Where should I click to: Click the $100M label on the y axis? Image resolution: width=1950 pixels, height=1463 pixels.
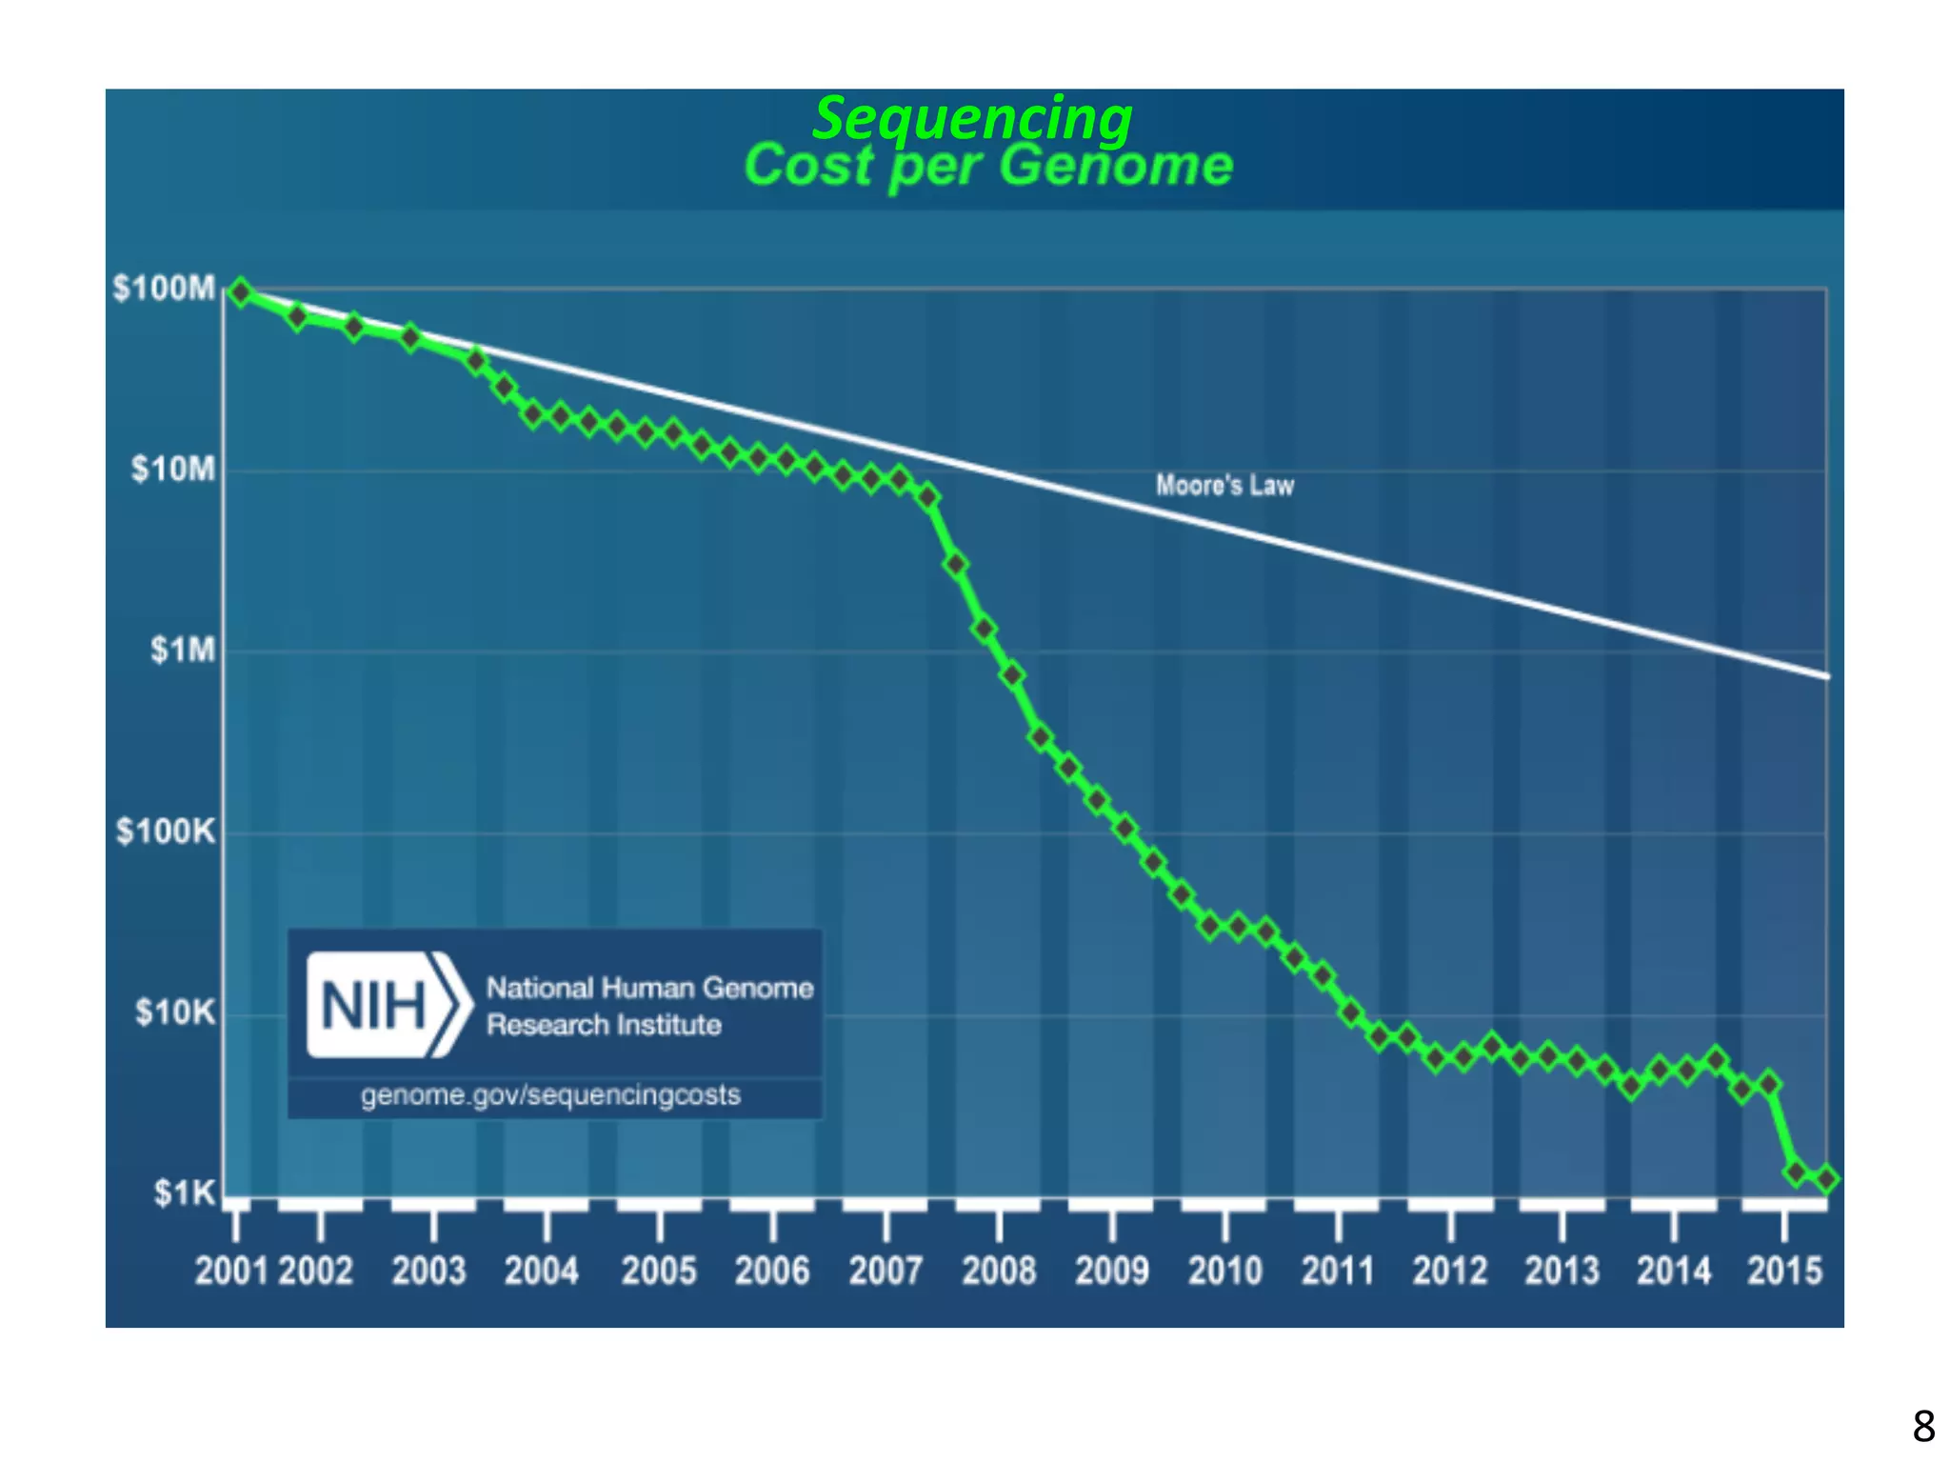point(164,288)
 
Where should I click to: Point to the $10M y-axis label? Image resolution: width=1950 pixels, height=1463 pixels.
point(173,469)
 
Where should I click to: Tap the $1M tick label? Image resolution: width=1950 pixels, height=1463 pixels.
point(183,650)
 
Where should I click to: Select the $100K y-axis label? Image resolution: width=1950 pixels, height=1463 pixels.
point(166,832)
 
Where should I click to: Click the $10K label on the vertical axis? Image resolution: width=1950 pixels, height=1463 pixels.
point(175,1012)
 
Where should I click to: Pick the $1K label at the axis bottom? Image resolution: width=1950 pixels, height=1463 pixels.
point(185,1192)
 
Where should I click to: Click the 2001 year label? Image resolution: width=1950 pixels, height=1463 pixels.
point(231,1271)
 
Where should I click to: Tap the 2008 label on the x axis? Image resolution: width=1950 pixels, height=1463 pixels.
point(999,1271)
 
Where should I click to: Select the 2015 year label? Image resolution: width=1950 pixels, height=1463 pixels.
point(1784,1271)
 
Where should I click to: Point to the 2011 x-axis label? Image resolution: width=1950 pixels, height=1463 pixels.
point(1338,1271)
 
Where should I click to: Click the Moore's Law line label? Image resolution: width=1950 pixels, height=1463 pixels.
point(1224,486)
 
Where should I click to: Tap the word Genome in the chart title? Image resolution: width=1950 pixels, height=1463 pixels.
point(1116,166)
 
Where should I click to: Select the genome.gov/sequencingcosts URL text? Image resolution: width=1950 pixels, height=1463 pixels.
point(550,1095)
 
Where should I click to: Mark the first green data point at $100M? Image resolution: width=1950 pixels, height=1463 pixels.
point(241,292)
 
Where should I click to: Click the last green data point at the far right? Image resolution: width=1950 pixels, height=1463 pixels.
point(1825,1179)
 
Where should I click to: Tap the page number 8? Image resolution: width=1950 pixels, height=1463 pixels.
point(1923,1427)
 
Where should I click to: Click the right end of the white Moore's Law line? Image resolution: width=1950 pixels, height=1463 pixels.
point(1825,675)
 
